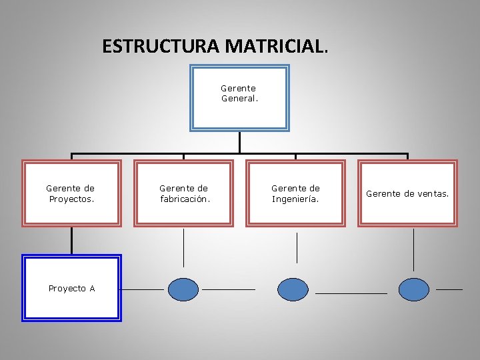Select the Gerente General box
coord(239,97)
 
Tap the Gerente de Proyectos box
coord(72,193)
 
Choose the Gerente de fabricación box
coord(184,193)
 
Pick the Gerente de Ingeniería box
coord(296,193)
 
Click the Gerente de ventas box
coord(407,193)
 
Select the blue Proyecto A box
coord(72,288)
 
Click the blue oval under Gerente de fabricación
coord(183,289)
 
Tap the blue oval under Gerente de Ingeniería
coord(293,289)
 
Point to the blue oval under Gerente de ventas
coord(414,289)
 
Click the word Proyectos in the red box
coord(71,199)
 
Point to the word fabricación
coord(185,199)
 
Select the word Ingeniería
coord(295,199)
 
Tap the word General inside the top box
coord(239,99)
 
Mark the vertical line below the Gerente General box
coord(239,141)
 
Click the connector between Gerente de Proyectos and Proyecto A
coord(72,241)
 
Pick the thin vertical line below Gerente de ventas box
coord(413,250)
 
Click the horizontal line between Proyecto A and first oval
coord(142,290)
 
